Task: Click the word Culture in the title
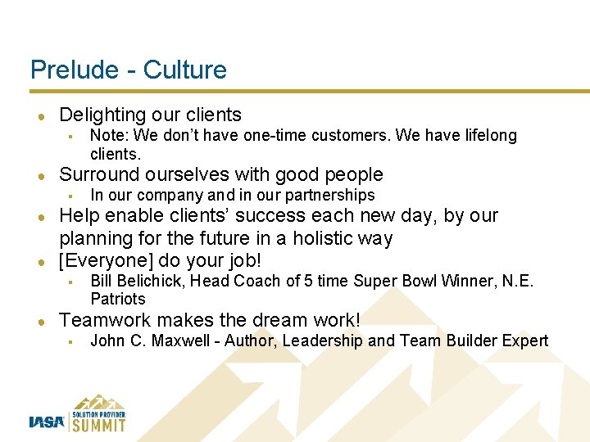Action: [185, 70]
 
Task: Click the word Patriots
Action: [117, 299]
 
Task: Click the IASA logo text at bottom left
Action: [47, 422]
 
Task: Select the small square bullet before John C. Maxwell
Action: [72, 341]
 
